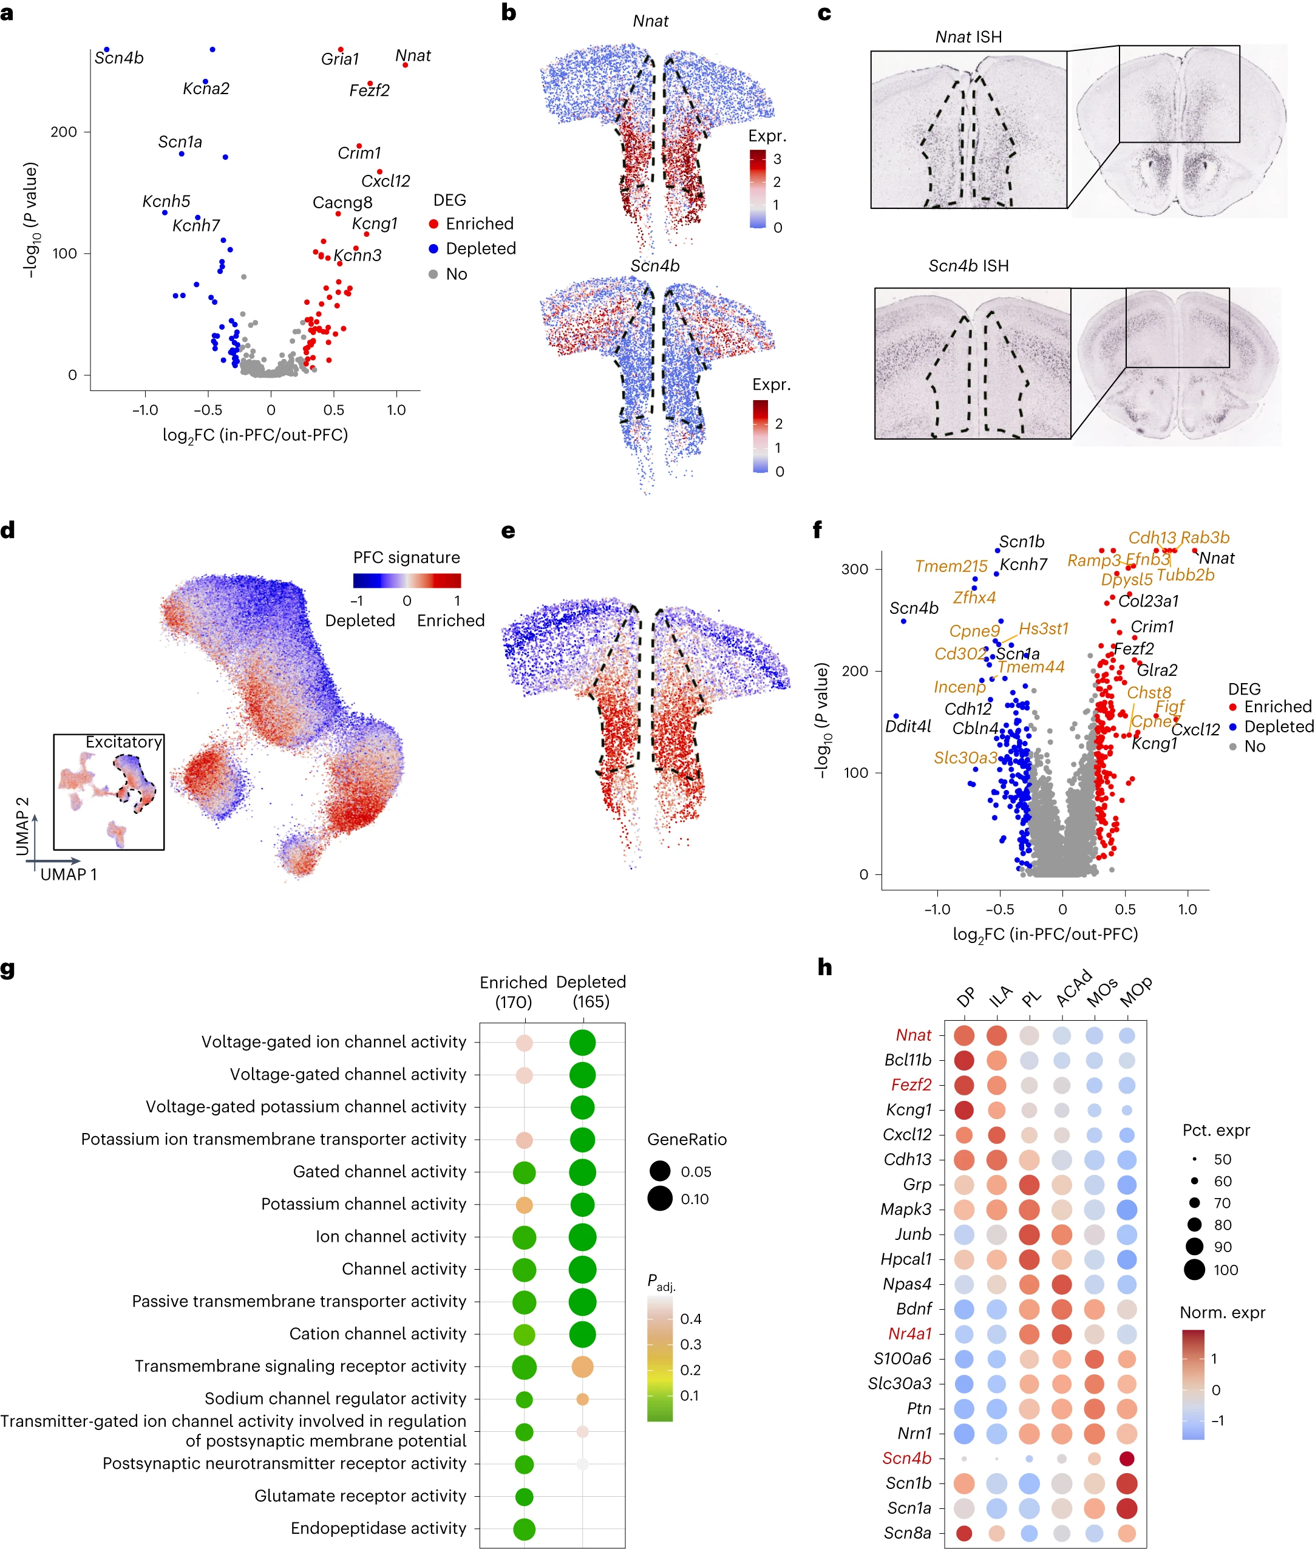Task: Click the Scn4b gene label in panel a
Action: click(x=118, y=58)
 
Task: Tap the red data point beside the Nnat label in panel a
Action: click(x=406, y=65)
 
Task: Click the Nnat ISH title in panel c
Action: click(x=968, y=36)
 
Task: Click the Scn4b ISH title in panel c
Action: click(x=968, y=265)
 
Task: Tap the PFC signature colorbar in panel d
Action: click(x=407, y=580)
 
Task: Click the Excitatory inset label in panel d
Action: click(x=123, y=741)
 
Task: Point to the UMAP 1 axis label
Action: click(x=69, y=874)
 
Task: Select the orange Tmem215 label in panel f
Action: click(x=951, y=566)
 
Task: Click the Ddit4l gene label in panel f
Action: click(x=908, y=725)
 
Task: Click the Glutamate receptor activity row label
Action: click(x=360, y=1496)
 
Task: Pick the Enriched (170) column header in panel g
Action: click(x=513, y=992)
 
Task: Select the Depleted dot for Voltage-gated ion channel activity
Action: click(x=582, y=1042)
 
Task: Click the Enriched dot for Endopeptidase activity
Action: click(x=524, y=1529)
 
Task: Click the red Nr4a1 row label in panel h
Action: click(x=909, y=1333)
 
